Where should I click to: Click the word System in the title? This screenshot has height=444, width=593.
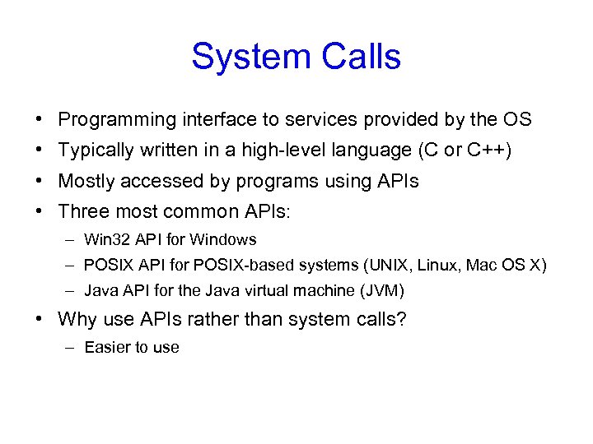246,58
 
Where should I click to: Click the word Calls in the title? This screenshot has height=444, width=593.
356,58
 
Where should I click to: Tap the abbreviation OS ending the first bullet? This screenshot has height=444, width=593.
517,120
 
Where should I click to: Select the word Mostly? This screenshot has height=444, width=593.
85,181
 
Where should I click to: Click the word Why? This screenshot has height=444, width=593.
77,319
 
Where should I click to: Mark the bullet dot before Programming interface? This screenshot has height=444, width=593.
40,120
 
